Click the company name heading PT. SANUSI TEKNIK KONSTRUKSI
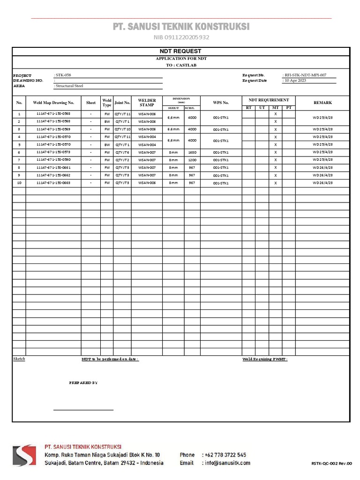181,27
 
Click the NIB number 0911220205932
181,37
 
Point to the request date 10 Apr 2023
295,81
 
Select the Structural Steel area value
69,86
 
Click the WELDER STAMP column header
147,103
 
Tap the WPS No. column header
221,103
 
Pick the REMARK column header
322,103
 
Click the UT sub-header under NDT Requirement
262,108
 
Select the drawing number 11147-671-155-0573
53,152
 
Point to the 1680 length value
192,152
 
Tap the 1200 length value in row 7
192,160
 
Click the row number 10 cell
19,183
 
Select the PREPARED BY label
83,383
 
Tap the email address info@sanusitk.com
227,463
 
